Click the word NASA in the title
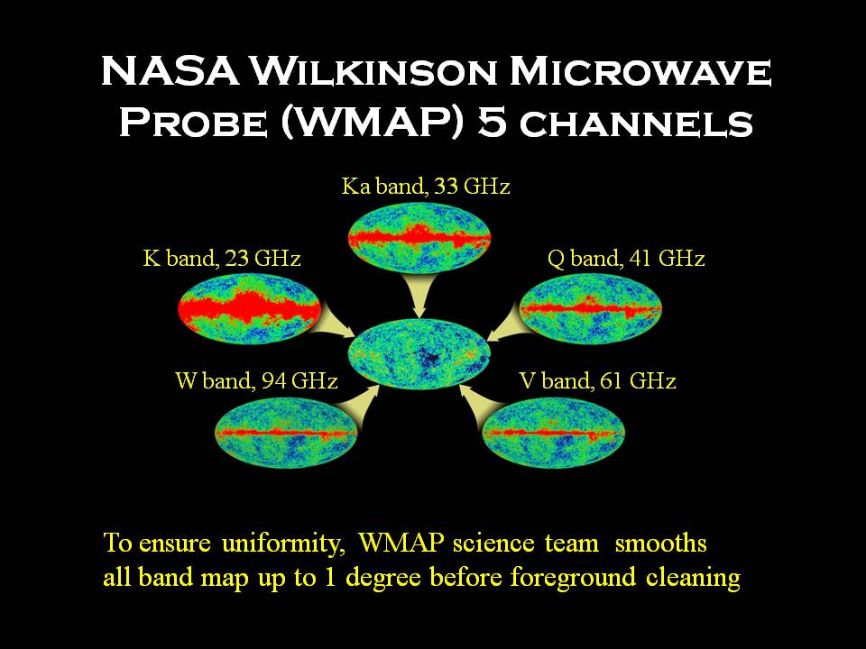pos(170,71)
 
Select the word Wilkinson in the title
pos(373,72)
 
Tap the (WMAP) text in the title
pos(373,123)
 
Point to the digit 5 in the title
pos(493,122)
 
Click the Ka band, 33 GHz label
pos(425,187)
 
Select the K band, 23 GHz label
pos(222,259)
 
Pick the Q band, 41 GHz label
pos(626,259)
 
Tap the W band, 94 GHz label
pos(256,380)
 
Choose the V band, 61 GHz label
pos(597,380)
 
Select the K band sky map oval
pos(249,308)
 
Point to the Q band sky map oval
pos(590,308)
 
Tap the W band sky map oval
pos(286,432)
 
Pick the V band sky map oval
pos(553,432)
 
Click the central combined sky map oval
pos(419,353)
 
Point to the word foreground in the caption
pos(573,578)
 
